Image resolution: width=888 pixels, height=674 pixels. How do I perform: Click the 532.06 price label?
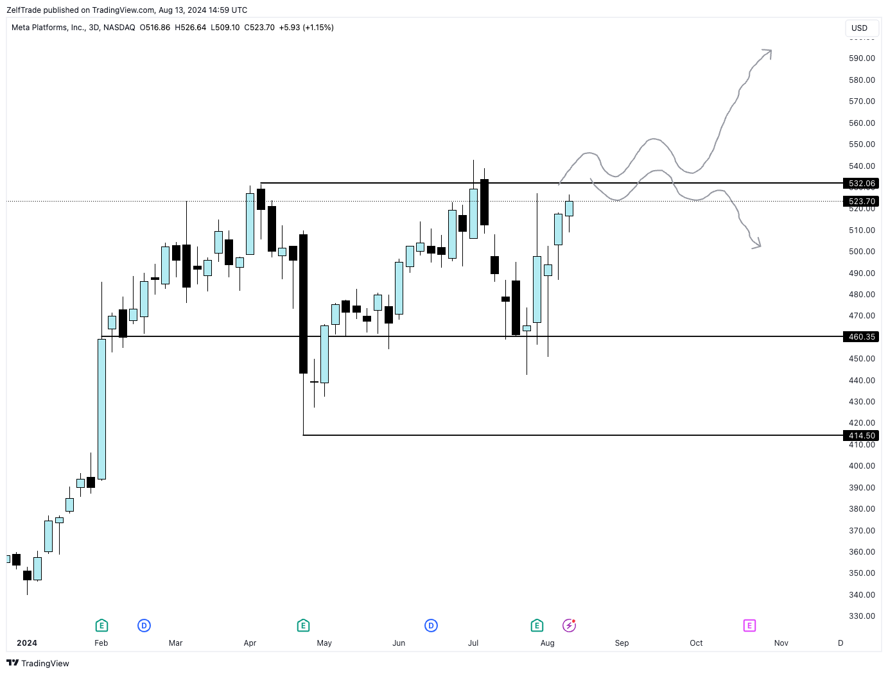pos(861,184)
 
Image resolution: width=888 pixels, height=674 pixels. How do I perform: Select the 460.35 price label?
pos(861,336)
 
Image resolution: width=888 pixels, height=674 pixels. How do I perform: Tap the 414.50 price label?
pos(861,435)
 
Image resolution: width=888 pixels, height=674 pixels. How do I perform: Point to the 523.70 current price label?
pos(861,202)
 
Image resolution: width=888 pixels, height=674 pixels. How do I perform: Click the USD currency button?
pos(859,28)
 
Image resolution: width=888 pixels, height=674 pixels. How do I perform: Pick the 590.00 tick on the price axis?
pos(862,58)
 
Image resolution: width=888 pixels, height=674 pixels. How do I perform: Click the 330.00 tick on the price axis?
pos(862,616)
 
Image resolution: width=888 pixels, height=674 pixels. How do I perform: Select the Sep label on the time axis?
pos(622,643)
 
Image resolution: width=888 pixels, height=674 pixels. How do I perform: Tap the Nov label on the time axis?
pos(781,643)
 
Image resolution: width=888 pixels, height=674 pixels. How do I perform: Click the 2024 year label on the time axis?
pos(27,643)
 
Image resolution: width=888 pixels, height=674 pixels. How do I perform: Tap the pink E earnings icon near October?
pos(749,625)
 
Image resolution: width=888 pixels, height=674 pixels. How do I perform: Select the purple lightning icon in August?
pos(569,625)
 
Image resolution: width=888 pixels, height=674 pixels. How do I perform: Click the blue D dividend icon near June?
pos(431,625)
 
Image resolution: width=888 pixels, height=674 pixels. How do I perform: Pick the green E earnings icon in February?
pos(101,625)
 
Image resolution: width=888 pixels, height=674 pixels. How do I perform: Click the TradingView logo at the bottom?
pos(38,663)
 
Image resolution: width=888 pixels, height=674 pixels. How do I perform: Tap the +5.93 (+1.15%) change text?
pos(306,28)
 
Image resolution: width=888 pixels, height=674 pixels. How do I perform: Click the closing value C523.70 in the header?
pos(259,28)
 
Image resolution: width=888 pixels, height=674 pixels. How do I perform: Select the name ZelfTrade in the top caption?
pos(24,10)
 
